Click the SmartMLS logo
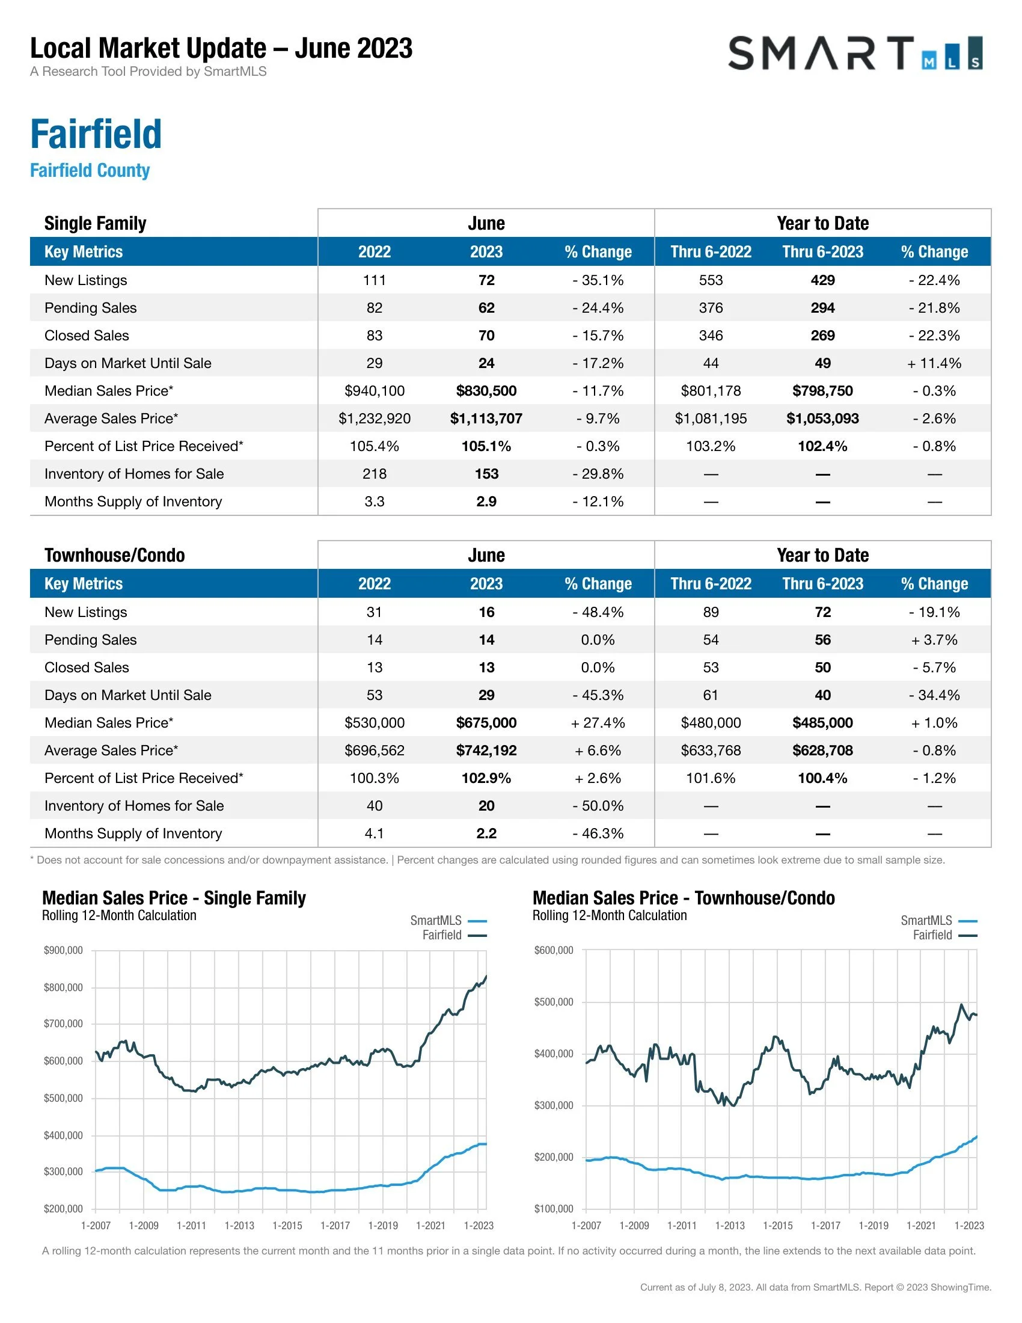pyautogui.click(x=855, y=54)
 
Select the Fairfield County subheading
pyautogui.click(x=90, y=171)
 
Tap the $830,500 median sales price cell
pyautogui.click(x=486, y=391)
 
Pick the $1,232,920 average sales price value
pyautogui.click(x=374, y=419)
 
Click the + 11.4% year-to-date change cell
pyautogui.click(x=934, y=363)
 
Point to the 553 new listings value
pyautogui.click(x=710, y=280)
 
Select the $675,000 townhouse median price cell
pyautogui.click(x=486, y=723)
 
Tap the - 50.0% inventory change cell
pyautogui.click(x=598, y=806)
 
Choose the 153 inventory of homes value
pyautogui.click(x=486, y=474)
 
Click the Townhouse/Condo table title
pyautogui.click(x=114, y=555)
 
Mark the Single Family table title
pyautogui.click(x=95, y=223)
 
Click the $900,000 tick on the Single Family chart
pyautogui.click(x=63, y=950)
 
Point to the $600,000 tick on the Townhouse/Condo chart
pyautogui.click(x=553, y=950)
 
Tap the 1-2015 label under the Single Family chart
pyautogui.click(x=287, y=1226)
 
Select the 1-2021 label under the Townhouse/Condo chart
pyautogui.click(x=921, y=1226)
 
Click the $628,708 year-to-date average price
pyautogui.click(x=822, y=751)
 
